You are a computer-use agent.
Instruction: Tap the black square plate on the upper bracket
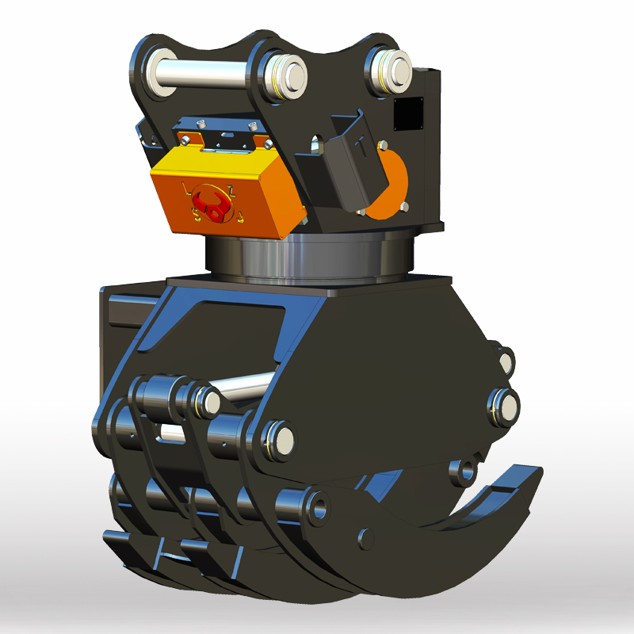point(409,113)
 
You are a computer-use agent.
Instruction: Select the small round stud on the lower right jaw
point(366,537)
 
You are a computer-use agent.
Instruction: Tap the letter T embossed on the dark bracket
point(360,147)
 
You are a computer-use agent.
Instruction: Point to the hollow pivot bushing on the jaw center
point(319,505)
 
